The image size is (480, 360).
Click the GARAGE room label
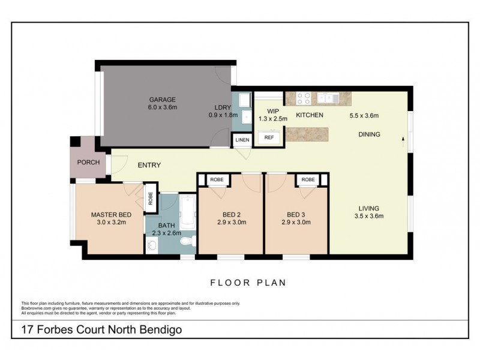pyautogui.click(x=163, y=99)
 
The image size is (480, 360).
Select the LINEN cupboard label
pyautogui.click(x=242, y=140)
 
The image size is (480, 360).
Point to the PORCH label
pyautogui.click(x=88, y=162)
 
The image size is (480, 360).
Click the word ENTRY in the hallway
pyautogui.click(x=149, y=166)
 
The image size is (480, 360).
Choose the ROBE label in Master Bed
pyautogui.click(x=151, y=200)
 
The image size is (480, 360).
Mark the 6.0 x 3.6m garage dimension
pyautogui.click(x=163, y=107)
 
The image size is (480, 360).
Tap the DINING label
pyautogui.click(x=369, y=134)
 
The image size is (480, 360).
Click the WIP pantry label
pyautogui.click(x=273, y=110)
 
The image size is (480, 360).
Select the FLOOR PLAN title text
pyautogui.click(x=247, y=281)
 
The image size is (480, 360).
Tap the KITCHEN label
pyautogui.click(x=310, y=115)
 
